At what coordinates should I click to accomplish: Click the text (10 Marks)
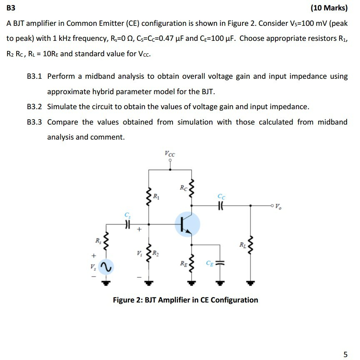pos(329,7)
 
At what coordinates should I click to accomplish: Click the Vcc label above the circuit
pos(170,154)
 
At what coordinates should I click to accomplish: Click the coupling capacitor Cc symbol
pos(221,205)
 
